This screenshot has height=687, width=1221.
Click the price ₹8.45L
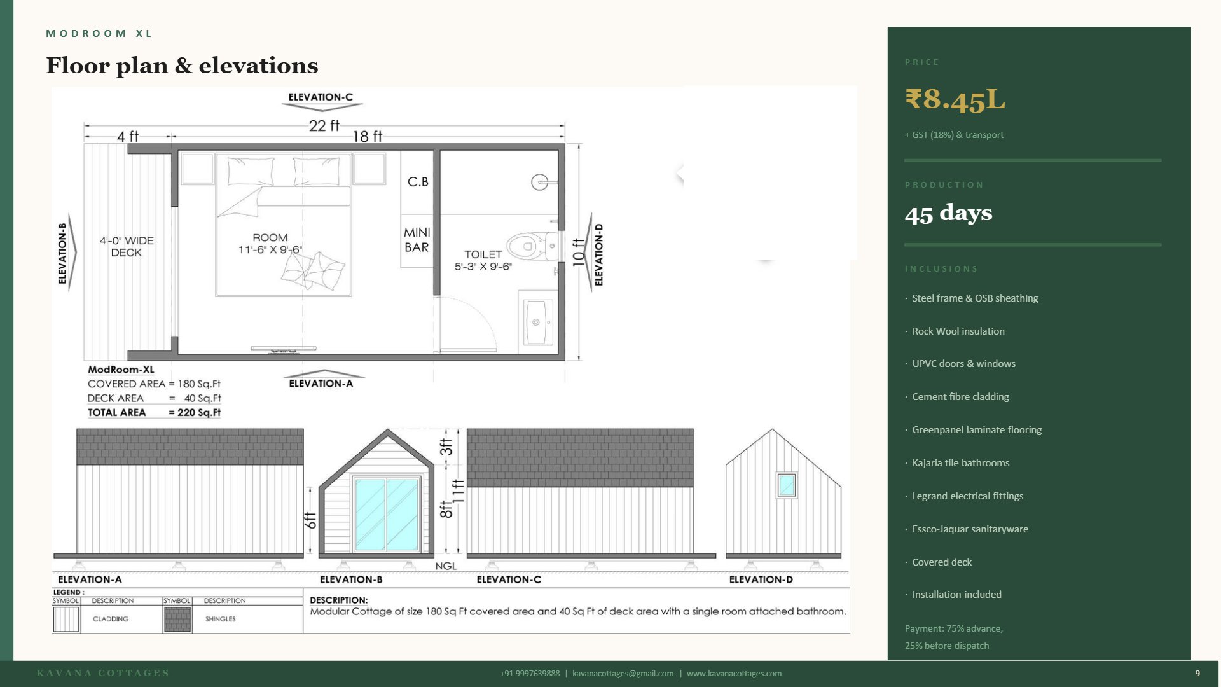click(x=955, y=100)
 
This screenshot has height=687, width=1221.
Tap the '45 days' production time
click(x=948, y=213)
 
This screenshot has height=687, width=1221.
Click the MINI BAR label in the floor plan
click(x=417, y=240)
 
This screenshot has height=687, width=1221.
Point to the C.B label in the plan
click(x=418, y=182)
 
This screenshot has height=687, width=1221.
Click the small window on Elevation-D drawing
click(x=787, y=485)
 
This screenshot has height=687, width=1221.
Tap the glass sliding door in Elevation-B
click(x=386, y=514)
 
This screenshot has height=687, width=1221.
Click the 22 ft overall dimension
click(x=324, y=126)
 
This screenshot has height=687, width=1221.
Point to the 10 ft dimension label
click(x=577, y=252)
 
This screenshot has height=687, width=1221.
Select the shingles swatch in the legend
click(x=177, y=619)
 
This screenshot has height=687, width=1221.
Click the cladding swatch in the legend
click(x=66, y=619)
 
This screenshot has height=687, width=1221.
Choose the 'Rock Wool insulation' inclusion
click(x=958, y=331)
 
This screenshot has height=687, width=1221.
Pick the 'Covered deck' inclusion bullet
click(x=941, y=562)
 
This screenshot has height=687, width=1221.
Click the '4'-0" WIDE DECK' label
click(x=127, y=247)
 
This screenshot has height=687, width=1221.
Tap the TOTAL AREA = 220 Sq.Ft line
click(x=154, y=413)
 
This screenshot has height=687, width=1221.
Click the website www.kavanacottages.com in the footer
click(x=734, y=674)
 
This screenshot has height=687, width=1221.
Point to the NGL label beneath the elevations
click(x=446, y=566)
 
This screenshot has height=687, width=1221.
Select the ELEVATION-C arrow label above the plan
click(x=320, y=97)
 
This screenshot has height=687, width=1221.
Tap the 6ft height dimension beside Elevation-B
click(x=310, y=520)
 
